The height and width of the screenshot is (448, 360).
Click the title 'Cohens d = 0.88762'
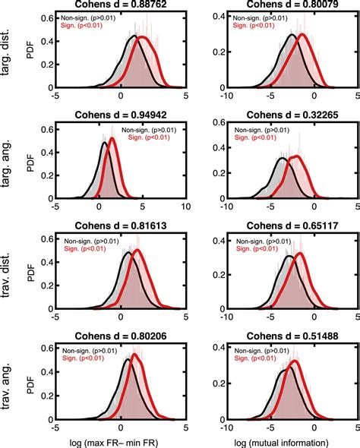(121, 5)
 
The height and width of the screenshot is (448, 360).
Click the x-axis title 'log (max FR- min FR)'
(121, 441)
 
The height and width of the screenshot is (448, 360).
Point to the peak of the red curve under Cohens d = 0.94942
(112, 138)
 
